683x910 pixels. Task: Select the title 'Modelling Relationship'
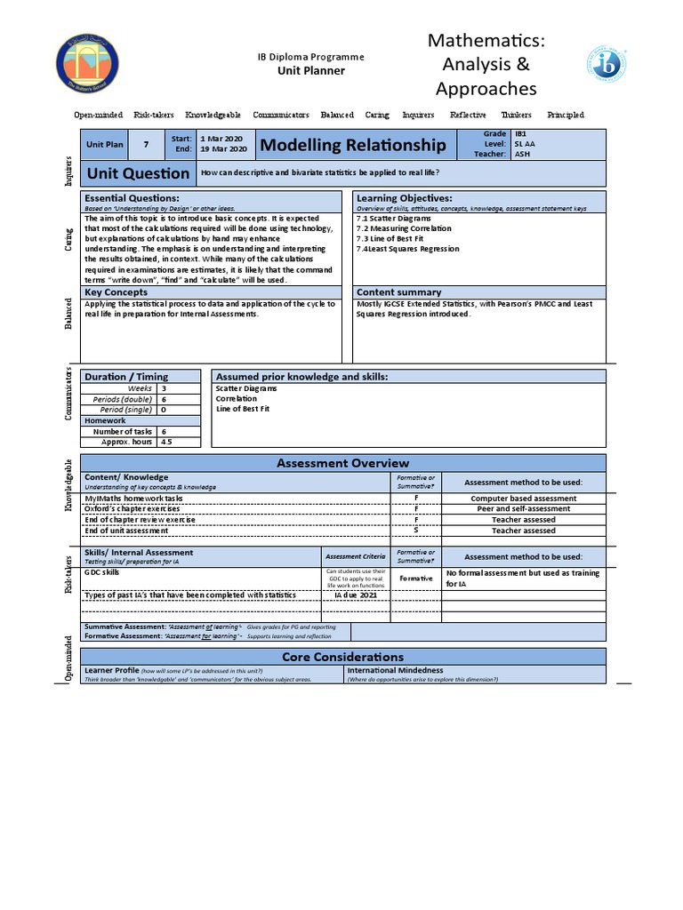click(x=352, y=145)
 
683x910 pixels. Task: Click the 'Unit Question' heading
click(x=137, y=173)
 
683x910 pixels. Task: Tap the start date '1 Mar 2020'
click(x=221, y=139)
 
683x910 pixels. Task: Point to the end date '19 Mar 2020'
click(x=223, y=150)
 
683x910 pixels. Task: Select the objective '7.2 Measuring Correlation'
click(x=403, y=228)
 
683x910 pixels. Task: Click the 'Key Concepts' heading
click(x=116, y=291)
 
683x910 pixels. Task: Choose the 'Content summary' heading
click(x=398, y=291)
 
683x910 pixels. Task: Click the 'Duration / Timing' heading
click(x=125, y=377)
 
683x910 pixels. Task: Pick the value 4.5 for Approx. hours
click(x=166, y=442)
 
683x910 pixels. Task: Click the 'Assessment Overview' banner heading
click(x=343, y=463)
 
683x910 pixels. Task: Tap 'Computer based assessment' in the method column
click(x=523, y=499)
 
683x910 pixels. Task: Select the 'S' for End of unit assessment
click(x=415, y=531)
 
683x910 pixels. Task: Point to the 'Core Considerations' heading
click(x=343, y=657)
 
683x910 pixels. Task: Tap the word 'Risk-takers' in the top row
click(x=154, y=115)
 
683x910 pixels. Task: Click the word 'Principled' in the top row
click(x=566, y=115)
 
